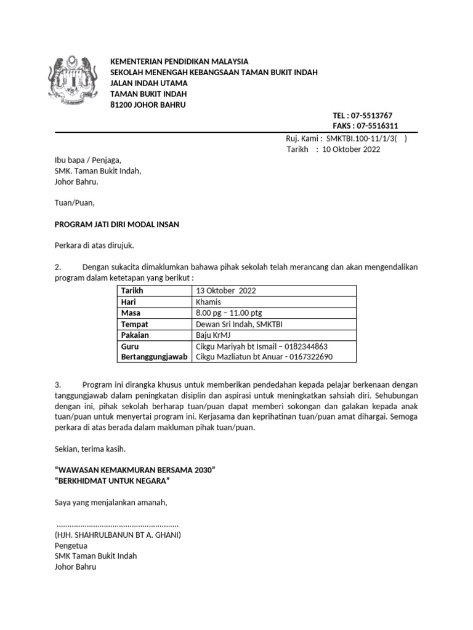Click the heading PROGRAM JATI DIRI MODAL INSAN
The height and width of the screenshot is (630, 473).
(x=117, y=225)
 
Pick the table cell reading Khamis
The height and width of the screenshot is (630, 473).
(x=208, y=301)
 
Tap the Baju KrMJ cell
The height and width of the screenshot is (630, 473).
(x=213, y=335)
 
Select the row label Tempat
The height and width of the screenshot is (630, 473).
(x=135, y=324)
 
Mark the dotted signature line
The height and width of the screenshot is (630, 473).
(x=117, y=525)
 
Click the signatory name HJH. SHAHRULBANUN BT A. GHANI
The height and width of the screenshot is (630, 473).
(x=118, y=535)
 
